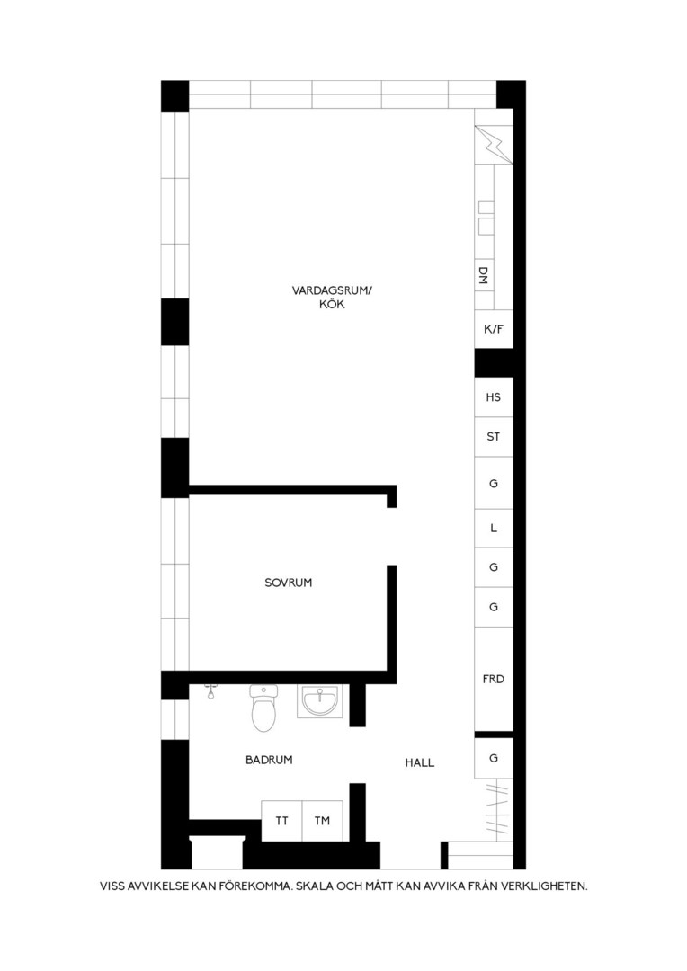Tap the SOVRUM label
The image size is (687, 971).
pos(288,583)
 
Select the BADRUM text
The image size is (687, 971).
pos(269,760)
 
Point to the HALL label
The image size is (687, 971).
pos(419,763)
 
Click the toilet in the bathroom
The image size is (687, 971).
pos(263,708)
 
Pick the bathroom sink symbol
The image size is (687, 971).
pos(319,701)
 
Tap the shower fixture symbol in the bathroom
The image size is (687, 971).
pos(211,691)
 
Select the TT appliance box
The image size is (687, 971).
pos(281,821)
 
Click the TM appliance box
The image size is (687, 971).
pos(322,821)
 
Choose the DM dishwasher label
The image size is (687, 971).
pos(484,276)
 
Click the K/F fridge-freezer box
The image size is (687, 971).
pos(494,329)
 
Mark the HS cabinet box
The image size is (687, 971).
pos(494,397)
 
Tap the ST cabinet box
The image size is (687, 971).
pos(494,437)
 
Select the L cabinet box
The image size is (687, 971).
pos(494,529)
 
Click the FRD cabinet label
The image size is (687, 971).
pos(494,680)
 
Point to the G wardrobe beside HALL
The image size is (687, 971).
pos(494,758)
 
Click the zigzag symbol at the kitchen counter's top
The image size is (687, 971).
pos(494,145)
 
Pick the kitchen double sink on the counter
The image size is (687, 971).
pos(486,218)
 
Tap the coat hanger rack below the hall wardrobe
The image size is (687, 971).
pos(497,809)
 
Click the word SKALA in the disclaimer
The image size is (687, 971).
pos(314,886)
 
